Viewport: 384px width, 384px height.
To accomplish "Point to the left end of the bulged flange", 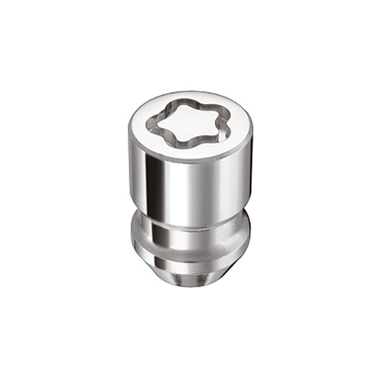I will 133,238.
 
